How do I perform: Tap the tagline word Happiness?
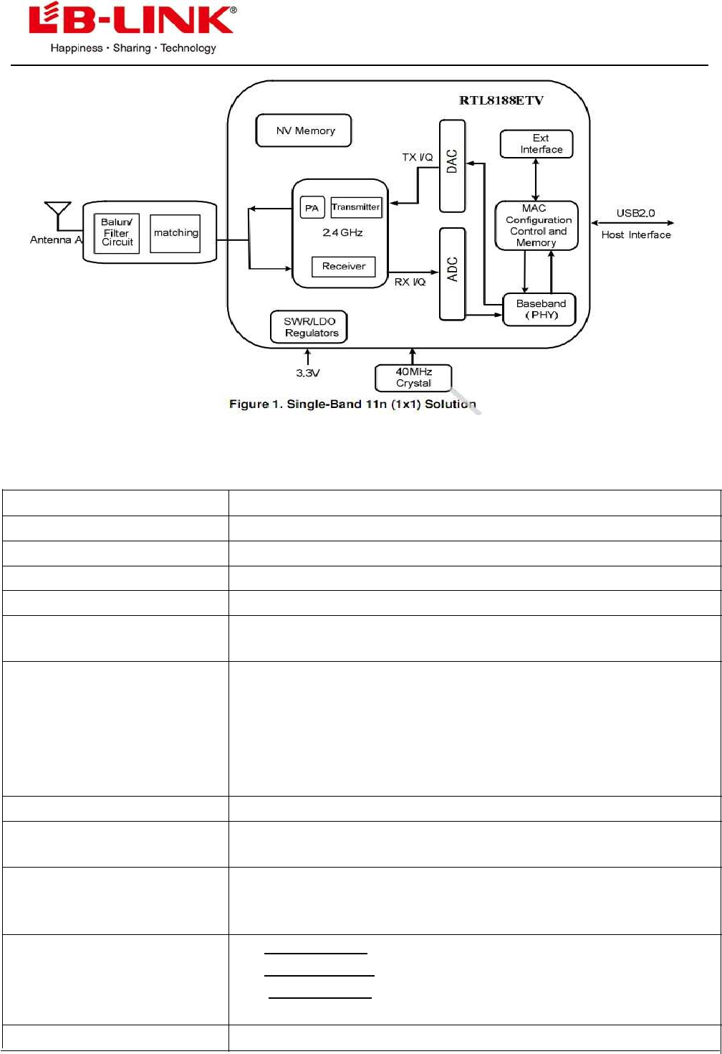coord(77,48)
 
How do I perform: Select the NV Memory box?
coord(304,130)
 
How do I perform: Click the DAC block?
coord(452,166)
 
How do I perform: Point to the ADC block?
coord(452,273)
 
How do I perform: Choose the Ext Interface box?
coord(536,144)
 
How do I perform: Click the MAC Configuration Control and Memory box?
coord(536,225)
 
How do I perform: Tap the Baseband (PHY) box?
coord(540,309)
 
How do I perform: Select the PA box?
coord(312,207)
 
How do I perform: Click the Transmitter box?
coord(356,207)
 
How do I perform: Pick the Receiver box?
coord(344,266)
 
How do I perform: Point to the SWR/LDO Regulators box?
coord(309,327)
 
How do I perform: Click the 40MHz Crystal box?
coord(413,378)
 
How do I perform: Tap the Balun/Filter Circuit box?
coord(117,233)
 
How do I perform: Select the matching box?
coord(175,233)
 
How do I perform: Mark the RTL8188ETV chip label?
coord(501,100)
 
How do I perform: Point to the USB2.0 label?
coord(635,213)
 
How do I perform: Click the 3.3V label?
coord(308,373)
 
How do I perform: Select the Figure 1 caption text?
coord(352,404)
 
